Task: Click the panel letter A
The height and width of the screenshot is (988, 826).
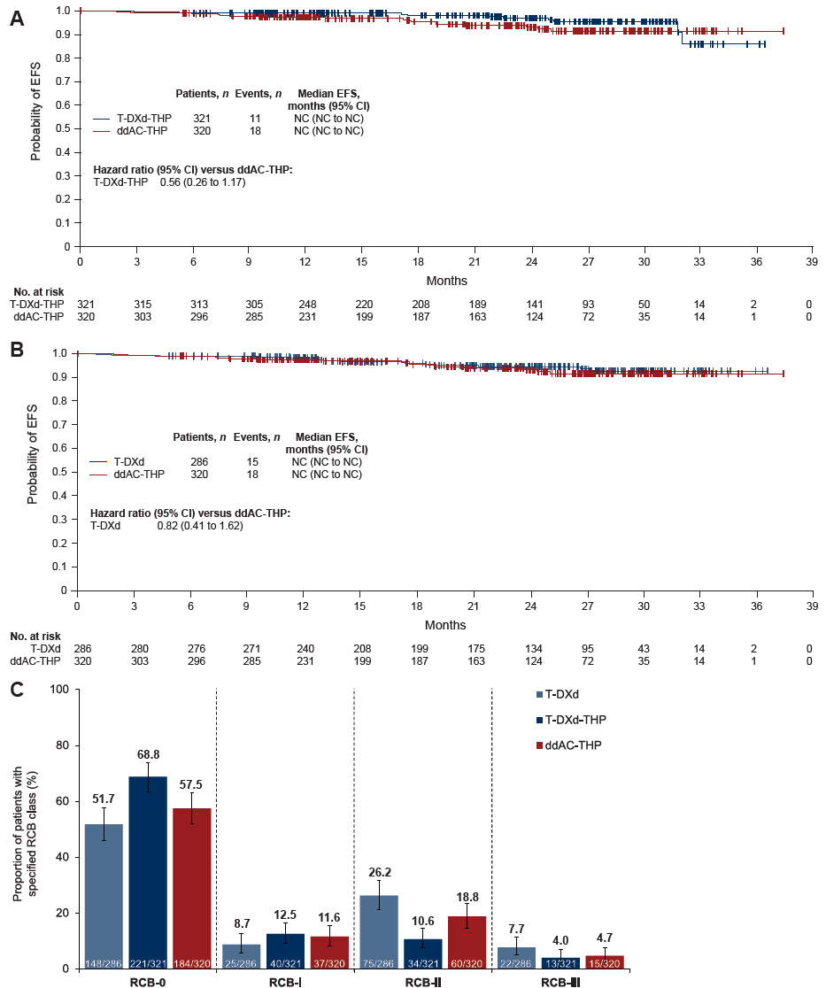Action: pos(16,17)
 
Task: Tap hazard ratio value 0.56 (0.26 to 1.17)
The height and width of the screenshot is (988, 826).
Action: pos(203,182)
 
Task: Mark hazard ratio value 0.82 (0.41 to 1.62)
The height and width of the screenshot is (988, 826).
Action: pos(199,526)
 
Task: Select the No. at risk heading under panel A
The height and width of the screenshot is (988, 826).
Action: pos(35,291)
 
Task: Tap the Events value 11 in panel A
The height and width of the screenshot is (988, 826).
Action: pos(256,118)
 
